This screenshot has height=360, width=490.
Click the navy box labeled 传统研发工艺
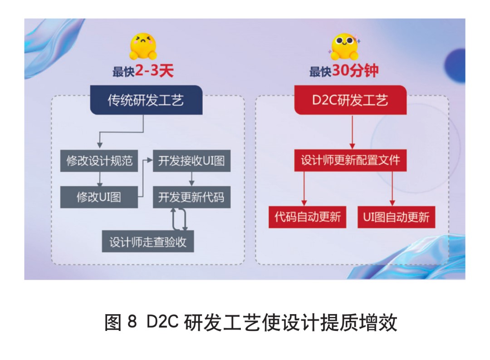point(146,100)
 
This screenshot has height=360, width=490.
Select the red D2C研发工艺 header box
point(350,100)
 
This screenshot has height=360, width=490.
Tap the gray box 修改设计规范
point(99,161)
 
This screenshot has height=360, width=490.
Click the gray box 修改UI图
point(99,197)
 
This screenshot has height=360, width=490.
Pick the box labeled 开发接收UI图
point(191,161)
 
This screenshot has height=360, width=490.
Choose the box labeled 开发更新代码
point(191,197)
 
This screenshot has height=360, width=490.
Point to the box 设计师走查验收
point(148,242)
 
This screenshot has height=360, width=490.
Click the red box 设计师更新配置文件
point(350,160)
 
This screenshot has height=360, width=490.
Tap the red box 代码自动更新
point(308,217)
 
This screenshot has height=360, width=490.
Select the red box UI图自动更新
point(396,217)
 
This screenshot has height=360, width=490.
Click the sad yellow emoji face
point(143,46)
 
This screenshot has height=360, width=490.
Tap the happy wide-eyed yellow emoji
point(344,47)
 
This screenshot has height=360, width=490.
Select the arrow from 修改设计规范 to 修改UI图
point(100,179)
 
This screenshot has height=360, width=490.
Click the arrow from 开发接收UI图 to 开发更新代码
point(191,179)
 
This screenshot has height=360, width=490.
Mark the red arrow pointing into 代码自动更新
point(304,188)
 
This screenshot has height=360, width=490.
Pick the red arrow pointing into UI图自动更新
point(392,188)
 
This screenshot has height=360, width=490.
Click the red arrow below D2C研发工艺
point(352,132)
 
